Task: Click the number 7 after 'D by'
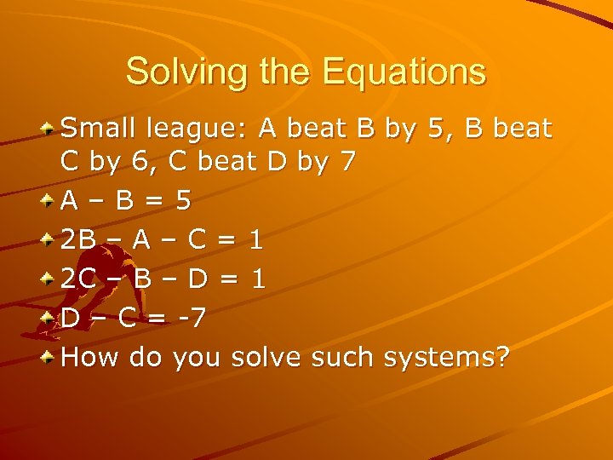(347, 161)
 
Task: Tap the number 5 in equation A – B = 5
(181, 200)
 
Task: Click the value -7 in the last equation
(191, 318)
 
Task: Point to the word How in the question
(90, 357)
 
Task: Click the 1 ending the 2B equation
(256, 239)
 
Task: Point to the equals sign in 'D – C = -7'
(159, 319)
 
